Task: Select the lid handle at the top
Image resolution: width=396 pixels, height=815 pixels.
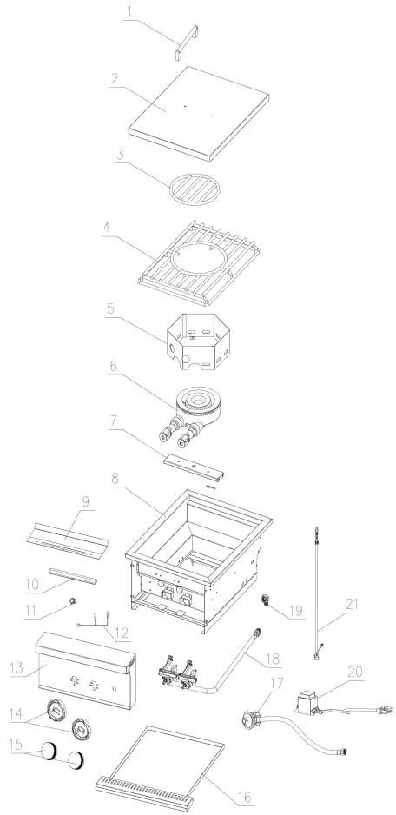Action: (x=186, y=43)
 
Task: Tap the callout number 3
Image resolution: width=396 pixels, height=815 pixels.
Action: (x=120, y=155)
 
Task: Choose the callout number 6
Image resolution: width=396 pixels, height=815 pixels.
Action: (x=113, y=367)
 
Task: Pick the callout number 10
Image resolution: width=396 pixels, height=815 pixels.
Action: (x=32, y=584)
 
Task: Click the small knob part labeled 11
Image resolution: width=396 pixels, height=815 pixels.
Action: (x=73, y=601)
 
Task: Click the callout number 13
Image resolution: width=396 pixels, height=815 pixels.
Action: (x=16, y=667)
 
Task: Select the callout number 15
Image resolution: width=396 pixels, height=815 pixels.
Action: (x=16, y=745)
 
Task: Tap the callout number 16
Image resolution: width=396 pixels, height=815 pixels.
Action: (x=245, y=796)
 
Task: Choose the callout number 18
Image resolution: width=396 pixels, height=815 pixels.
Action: (x=274, y=659)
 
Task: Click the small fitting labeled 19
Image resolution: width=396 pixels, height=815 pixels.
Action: (x=267, y=602)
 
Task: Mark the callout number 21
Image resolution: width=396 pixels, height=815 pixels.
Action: (x=353, y=605)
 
